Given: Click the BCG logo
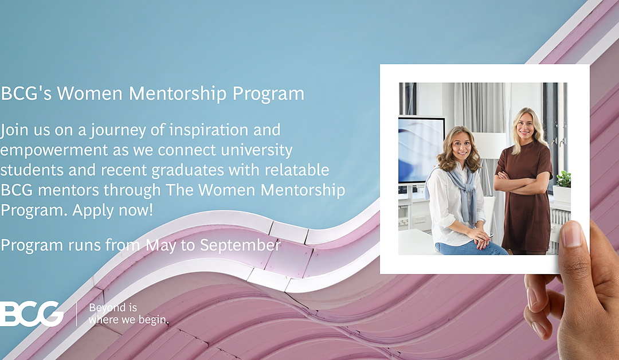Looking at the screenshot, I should pyautogui.click(x=32, y=313).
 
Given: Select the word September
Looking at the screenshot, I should pyautogui.click(x=240, y=245).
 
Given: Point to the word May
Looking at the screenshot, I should pyautogui.click(x=161, y=246).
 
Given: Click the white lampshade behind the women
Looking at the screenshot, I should pyautogui.click(x=489, y=145).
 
